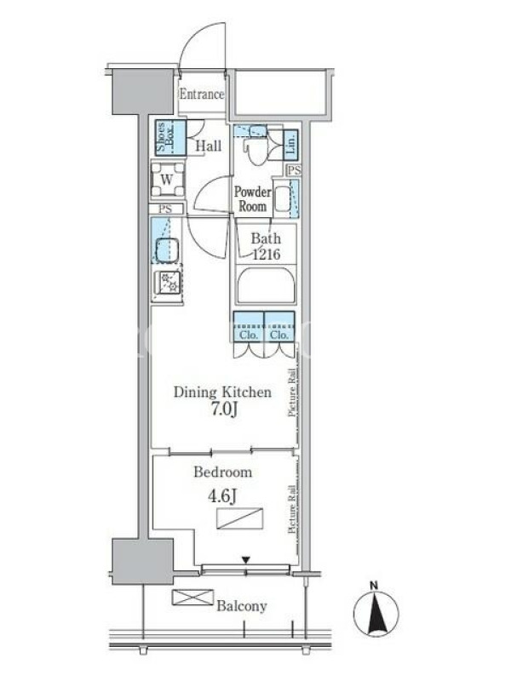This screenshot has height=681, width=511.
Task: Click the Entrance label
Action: click(x=202, y=94)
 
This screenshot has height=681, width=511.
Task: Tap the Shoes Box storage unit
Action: click(x=171, y=138)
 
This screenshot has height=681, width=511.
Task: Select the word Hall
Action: click(x=209, y=146)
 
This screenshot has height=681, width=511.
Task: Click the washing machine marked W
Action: click(x=167, y=180)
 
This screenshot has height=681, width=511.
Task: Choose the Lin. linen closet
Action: click(x=290, y=143)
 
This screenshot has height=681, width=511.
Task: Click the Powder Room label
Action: click(x=252, y=198)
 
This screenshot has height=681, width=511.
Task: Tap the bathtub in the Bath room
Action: click(x=266, y=284)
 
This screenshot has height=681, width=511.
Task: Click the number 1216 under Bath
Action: click(x=267, y=254)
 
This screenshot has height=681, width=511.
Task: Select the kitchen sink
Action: click(x=168, y=250)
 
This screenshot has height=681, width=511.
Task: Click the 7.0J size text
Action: click(x=224, y=409)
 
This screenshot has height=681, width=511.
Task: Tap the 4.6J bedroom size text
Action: click(x=222, y=496)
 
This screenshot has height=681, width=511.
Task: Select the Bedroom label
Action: click(x=223, y=472)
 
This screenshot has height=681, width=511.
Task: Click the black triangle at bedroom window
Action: click(x=246, y=560)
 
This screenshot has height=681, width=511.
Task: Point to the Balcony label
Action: click(x=242, y=606)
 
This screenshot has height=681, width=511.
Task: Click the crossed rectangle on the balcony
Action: click(x=192, y=598)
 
